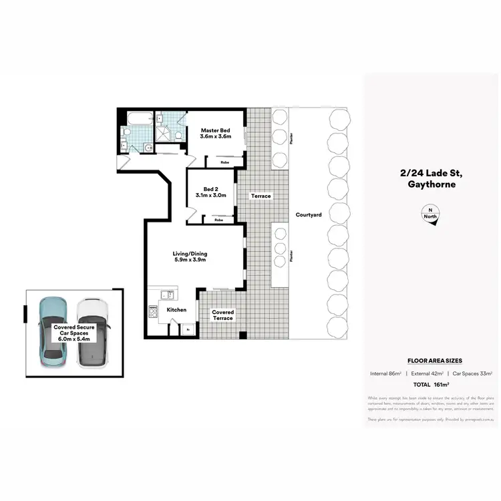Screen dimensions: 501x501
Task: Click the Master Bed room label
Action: click(215, 132)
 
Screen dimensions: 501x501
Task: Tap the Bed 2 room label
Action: click(210, 192)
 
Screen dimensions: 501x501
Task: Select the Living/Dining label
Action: click(190, 256)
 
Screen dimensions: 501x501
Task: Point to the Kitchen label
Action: click(176, 310)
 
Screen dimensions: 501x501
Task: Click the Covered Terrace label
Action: click(222, 315)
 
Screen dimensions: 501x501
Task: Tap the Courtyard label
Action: click(309, 214)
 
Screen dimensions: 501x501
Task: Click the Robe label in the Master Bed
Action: click(218, 161)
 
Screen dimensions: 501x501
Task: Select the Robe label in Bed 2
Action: click(218, 219)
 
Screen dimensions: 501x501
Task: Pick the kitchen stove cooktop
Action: click(153, 310)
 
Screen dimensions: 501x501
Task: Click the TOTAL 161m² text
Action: click(431, 384)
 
